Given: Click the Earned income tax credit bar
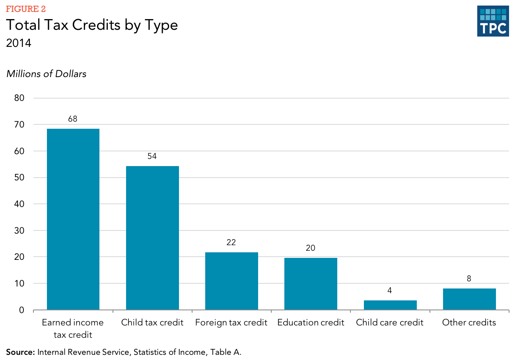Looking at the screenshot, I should [73, 219].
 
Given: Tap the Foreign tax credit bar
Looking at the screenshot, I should [231, 281].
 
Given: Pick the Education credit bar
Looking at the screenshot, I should [311, 284].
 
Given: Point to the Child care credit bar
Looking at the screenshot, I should [390, 305].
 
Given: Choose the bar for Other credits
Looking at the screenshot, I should [469, 299].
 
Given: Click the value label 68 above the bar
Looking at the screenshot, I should [72, 119].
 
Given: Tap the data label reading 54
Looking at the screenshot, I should [152, 156].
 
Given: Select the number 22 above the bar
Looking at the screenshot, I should [231, 242].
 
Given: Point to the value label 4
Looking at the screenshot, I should [390, 290].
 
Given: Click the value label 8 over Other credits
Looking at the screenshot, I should [469, 279].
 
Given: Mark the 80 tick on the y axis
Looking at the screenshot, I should [19, 98].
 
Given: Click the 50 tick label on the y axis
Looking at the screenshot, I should [19, 178].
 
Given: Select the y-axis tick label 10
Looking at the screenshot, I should [19, 284].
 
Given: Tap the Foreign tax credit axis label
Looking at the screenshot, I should [231, 322].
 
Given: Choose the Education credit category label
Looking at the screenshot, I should [311, 322].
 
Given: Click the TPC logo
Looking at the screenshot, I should [493, 21].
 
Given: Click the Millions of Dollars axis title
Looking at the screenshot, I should [46, 74].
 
